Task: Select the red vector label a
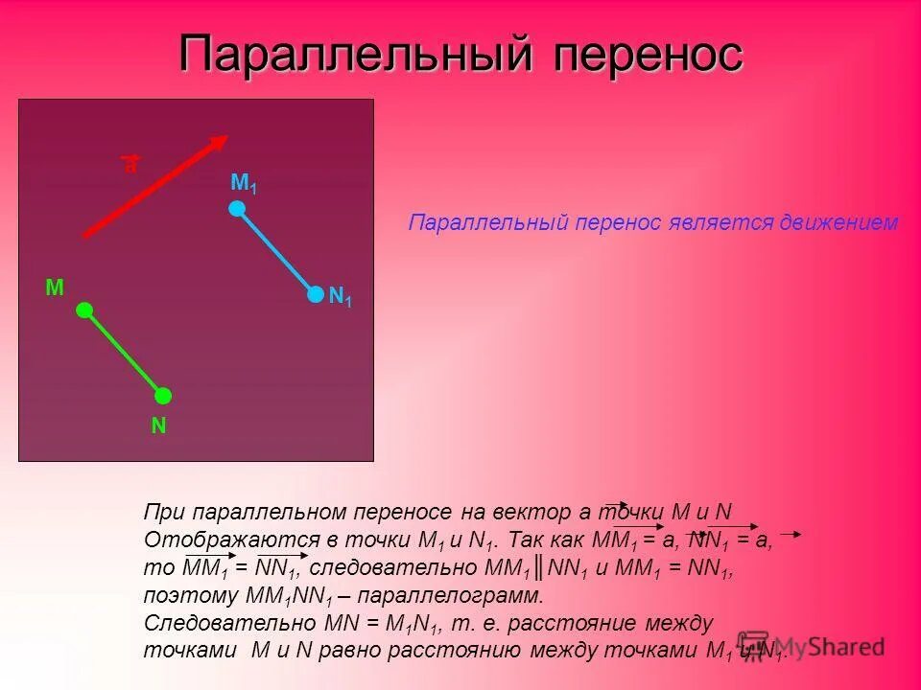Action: [x=130, y=165]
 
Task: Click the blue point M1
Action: [x=237, y=208]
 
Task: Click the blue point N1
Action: [x=316, y=295]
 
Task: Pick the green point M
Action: [x=84, y=310]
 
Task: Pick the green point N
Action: [x=163, y=396]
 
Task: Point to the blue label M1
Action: [x=244, y=182]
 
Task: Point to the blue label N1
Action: [x=340, y=298]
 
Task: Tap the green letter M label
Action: [x=55, y=287]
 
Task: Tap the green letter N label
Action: [x=158, y=426]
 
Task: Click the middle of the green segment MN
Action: [x=124, y=353]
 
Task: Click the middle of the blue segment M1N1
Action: [x=276, y=252]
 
